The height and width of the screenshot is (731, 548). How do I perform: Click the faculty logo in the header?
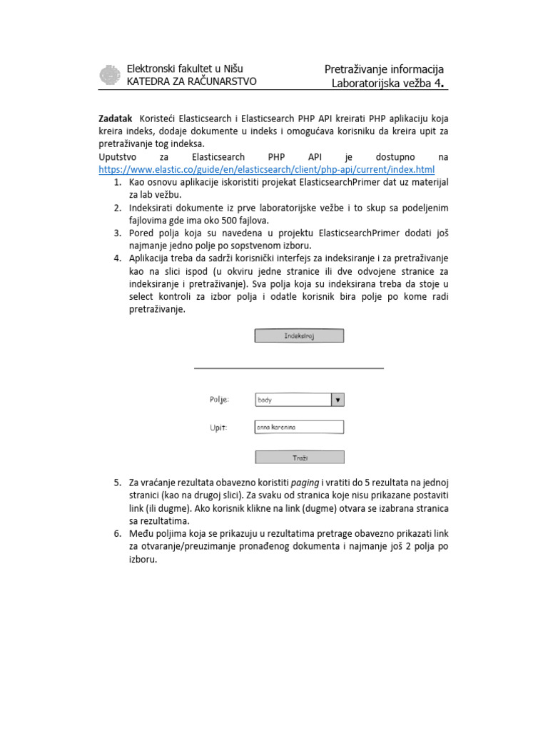(109, 75)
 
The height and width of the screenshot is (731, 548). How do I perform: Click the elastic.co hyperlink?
(266, 169)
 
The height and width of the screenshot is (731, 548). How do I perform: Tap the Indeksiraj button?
(299, 336)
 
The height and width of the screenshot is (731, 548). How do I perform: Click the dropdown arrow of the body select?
(338, 400)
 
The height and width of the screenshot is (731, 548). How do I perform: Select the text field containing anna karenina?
(299, 427)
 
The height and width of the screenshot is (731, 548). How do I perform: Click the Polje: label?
(220, 400)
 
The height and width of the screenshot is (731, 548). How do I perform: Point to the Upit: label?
(218, 427)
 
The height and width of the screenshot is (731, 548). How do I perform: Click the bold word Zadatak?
(116, 119)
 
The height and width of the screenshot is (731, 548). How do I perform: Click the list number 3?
(117, 233)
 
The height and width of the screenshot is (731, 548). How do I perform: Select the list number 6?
(117, 534)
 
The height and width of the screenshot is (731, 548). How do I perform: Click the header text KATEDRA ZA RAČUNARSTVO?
(191, 81)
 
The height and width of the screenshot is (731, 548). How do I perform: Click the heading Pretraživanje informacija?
(384, 69)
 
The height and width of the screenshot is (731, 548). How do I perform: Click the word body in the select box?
(265, 400)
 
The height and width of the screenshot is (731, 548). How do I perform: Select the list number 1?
(117, 183)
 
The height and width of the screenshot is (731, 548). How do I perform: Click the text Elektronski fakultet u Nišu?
(184, 69)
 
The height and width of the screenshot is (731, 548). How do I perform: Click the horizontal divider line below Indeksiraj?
(289, 368)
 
